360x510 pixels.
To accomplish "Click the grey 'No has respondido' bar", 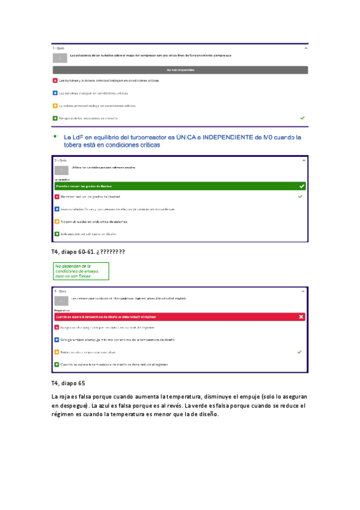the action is point(180,70).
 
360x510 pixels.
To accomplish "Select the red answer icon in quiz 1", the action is point(55,81).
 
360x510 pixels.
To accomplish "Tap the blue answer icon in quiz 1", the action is point(55,93).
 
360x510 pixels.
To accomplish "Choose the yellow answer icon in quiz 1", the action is point(55,106).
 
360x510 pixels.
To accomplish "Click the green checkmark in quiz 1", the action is point(302,118).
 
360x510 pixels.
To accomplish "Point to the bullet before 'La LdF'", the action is point(55,137).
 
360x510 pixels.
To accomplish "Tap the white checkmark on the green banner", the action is point(301,186).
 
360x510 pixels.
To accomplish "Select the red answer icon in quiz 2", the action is point(56,197).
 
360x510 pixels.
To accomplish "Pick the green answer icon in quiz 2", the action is point(56,233).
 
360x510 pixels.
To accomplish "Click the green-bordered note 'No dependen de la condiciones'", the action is point(81,271).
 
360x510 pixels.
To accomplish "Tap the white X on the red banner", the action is point(301,316).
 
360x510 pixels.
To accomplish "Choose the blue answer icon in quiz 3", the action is point(56,340).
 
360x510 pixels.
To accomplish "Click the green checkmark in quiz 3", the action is point(299,352).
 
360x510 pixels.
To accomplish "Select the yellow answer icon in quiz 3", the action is point(56,352).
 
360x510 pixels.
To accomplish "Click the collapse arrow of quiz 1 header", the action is point(306,47).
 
